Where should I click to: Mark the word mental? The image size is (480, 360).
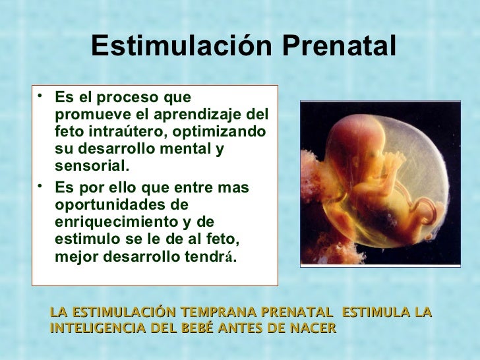[x=181, y=149]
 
